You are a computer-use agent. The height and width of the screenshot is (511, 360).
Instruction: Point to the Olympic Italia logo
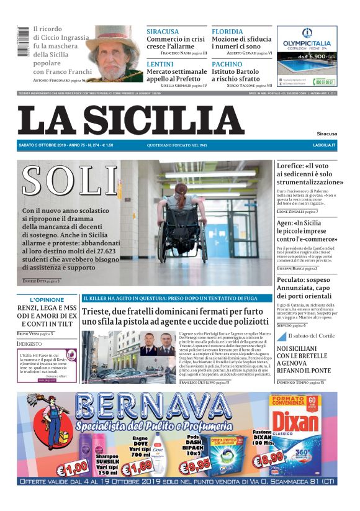click(307, 39)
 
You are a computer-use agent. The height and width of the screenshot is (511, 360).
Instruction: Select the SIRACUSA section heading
click(163, 31)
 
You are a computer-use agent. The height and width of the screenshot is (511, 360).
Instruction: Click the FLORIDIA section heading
click(227, 31)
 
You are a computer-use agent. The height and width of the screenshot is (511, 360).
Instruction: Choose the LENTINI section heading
click(160, 64)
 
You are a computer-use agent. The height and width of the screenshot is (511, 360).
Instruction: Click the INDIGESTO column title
click(29, 343)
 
